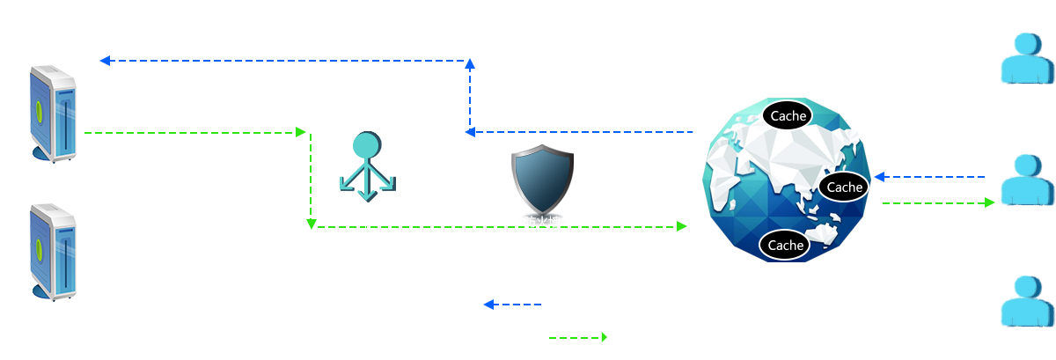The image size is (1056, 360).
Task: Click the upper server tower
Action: click(x=54, y=114)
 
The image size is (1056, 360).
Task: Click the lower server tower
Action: click(x=54, y=252)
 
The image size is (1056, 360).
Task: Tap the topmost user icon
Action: click(x=1028, y=58)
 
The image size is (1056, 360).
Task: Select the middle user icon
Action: click(x=1028, y=180)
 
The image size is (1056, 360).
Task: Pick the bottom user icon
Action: click(x=1028, y=301)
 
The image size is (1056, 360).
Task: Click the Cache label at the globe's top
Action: click(x=788, y=115)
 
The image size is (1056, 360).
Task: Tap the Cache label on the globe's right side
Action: click(x=844, y=187)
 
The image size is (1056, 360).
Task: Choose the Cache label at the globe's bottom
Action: click(x=785, y=245)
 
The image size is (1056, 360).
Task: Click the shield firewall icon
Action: click(x=543, y=180)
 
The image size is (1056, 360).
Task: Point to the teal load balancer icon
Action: click(x=368, y=166)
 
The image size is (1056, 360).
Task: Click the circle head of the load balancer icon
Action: click(x=367, y=145)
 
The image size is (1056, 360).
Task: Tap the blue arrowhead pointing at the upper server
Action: click(x=105, y=61)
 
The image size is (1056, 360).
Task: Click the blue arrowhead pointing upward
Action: click(x=470, y=64)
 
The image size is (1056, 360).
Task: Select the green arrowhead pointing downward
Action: click(x=312, y=224)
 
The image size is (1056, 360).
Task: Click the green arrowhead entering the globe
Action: click(x=682, y=226)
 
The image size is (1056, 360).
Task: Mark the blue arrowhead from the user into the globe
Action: click(x=879, y=177)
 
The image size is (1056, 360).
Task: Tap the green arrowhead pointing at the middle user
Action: click(x=989, y=202)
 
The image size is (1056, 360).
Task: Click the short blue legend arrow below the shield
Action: click(x=512, y=305)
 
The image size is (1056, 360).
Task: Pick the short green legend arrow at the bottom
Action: click(x=578, y=337)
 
